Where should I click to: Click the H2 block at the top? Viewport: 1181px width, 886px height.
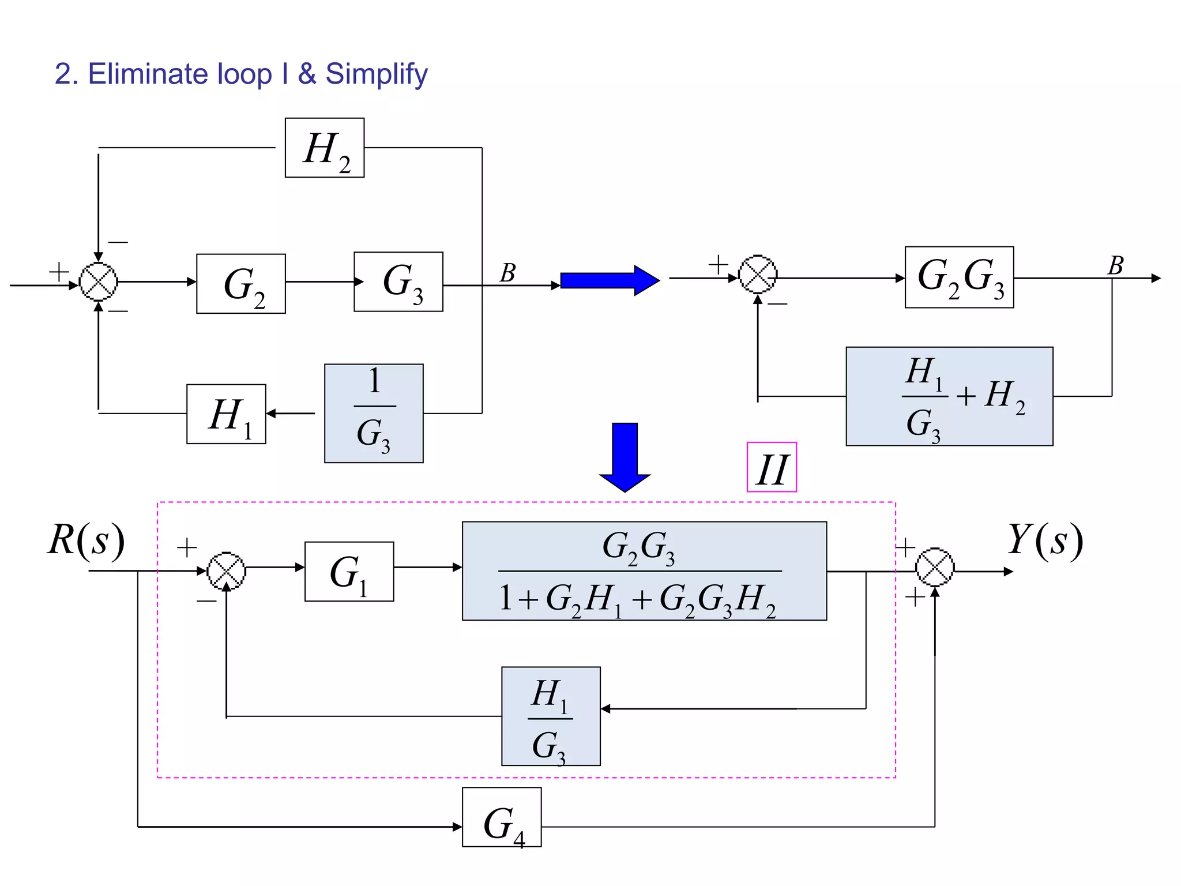[325, 148]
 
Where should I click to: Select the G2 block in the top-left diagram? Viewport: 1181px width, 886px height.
[241, 284]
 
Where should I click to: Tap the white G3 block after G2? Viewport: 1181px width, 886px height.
[398, 281]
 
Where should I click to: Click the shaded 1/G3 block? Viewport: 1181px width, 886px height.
[374, 413]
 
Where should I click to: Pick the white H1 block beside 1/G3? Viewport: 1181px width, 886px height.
[226, 414]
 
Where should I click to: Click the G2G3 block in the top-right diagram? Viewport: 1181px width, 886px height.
[959, 277]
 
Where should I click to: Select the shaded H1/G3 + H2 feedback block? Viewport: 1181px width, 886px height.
[949, 396]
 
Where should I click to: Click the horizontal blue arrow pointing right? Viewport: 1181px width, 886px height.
[610, 281]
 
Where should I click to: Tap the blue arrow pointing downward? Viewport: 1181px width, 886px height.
[625, 456]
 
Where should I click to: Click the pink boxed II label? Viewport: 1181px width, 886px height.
[772, 467]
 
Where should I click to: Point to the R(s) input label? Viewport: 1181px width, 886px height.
[86, 540]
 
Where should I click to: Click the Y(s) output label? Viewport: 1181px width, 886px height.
[1045, 540]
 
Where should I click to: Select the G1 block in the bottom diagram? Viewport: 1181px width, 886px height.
[349, 572]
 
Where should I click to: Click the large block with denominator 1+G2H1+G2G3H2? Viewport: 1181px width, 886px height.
[644, 571]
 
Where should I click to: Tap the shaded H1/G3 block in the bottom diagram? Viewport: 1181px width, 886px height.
[551, 716]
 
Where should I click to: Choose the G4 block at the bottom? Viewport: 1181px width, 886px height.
[502, 817]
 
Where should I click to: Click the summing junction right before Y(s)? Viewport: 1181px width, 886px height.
[935, 568]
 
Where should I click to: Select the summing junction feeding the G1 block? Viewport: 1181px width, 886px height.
[226, 571]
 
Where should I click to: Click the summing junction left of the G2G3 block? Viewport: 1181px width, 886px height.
[758, 274]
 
